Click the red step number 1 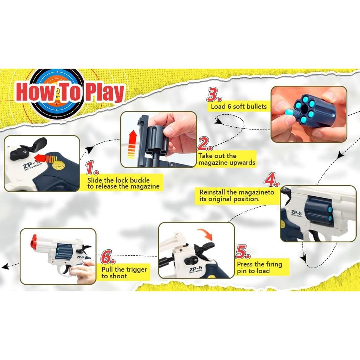pos(92,168)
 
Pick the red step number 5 pos(243,252)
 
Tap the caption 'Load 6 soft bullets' pos(239,107)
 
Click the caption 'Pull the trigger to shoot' pos(124,273)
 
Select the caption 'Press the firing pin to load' pos(259,268)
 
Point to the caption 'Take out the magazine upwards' pos(226,159)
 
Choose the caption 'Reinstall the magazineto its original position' pos(237,196)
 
